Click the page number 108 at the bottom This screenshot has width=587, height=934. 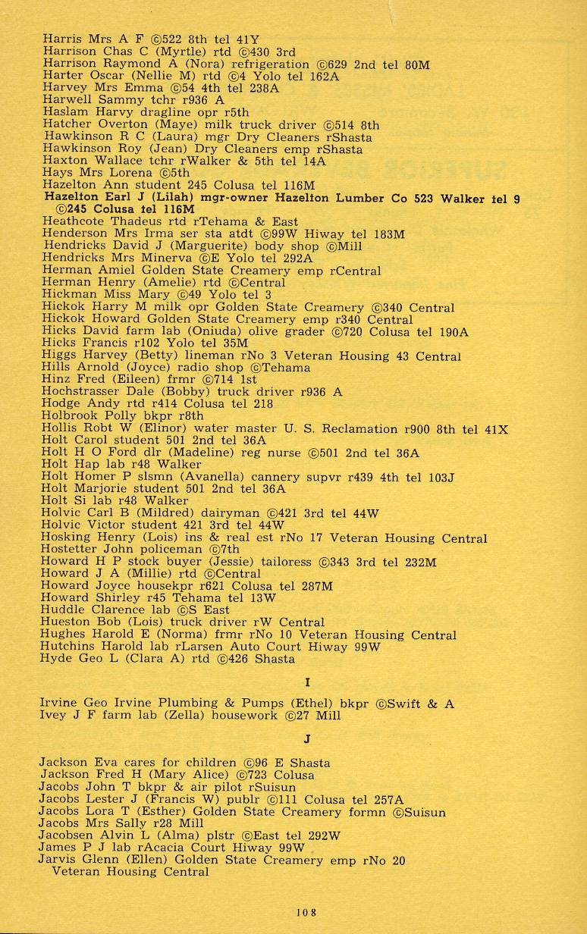[x=306, y=913]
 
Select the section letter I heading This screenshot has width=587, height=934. [x=306, y=682]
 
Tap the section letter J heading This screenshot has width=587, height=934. [x=306, y=739]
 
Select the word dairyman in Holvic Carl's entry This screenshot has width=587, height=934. [x=236, y=513]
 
